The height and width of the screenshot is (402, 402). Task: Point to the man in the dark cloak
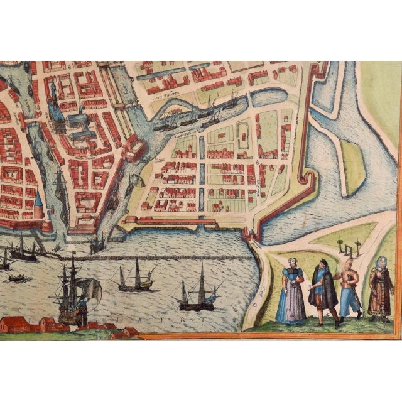coord(323,291)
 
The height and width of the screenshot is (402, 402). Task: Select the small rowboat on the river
coord(19,277)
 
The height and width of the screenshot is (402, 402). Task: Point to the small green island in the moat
coord(353,166)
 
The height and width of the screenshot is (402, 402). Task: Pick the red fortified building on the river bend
coord(133,148)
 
